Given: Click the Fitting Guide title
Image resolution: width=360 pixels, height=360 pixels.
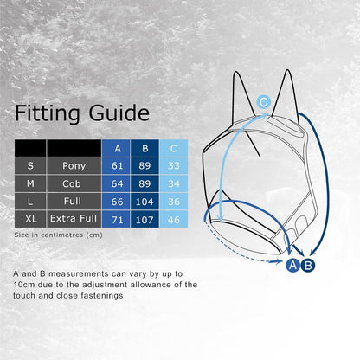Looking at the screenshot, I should coord(82,113).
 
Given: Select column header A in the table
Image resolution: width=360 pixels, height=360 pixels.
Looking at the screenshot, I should coord(117,148).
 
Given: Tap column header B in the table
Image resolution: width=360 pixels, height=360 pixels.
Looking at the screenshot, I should coord(145,148).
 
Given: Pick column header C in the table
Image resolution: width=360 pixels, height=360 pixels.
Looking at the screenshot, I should coord(173,148).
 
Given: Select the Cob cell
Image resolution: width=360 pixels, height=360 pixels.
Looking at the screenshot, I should coord(74,183).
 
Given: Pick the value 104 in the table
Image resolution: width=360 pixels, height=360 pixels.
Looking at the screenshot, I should coord(145,201).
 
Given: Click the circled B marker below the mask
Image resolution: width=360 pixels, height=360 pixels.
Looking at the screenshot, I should coord(308,265).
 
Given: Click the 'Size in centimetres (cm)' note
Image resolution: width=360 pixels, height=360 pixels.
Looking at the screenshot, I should coord(58,235).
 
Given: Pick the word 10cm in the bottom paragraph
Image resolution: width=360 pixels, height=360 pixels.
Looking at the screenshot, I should coord(23,285).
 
